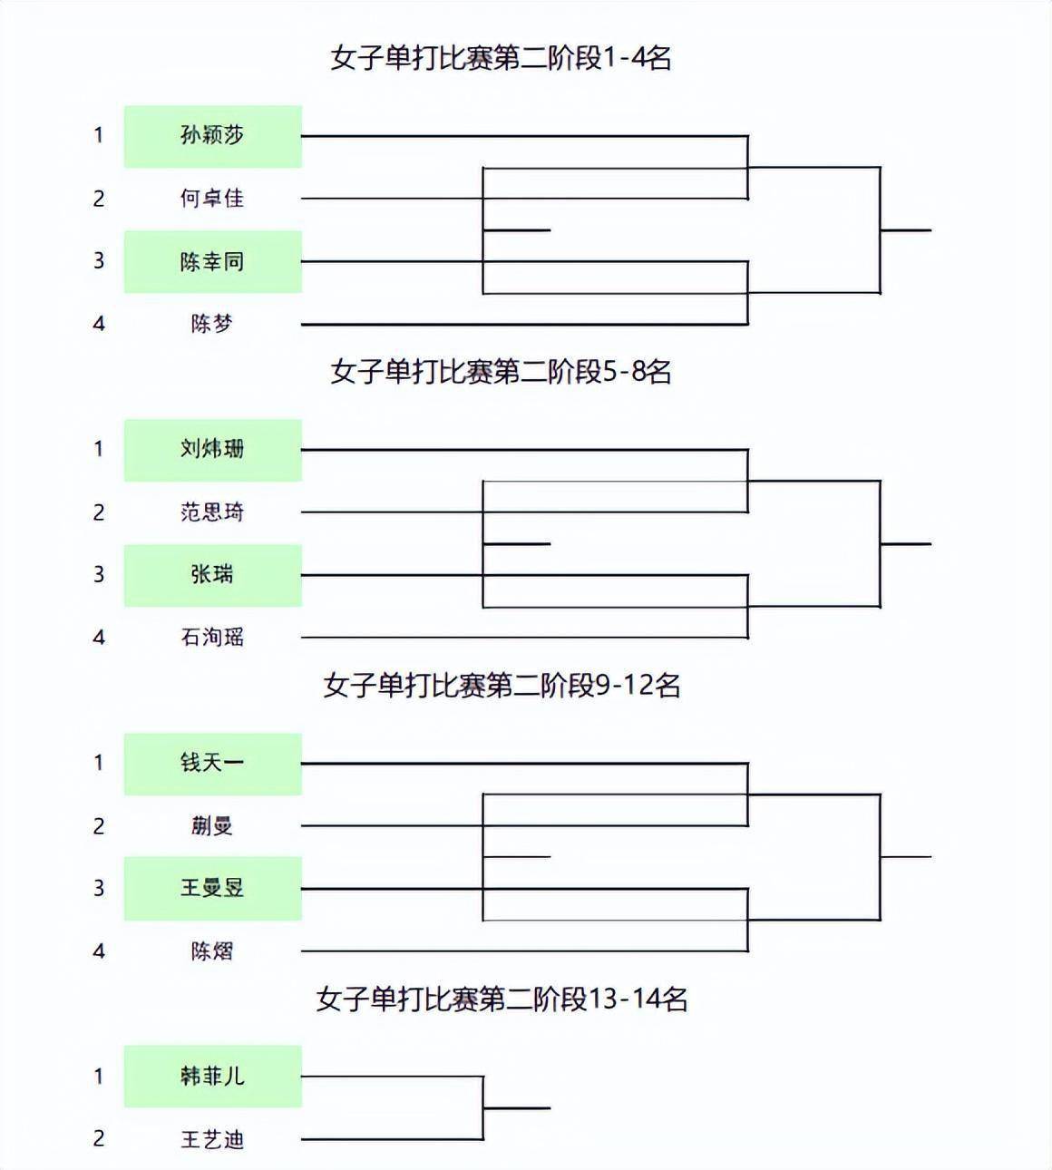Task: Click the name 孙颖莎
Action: [x=212, y=135]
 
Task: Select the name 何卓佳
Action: [x=212, y=199]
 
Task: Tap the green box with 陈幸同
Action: [x=213, y=261]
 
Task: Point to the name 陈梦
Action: [x=212, y=324]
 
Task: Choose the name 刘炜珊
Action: [x=212, y=449]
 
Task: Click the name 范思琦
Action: [x=212, y=512]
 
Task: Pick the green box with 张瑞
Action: [x=213, y=575]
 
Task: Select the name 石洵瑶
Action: [x=212, y=637]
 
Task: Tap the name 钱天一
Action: [x=212, y=762]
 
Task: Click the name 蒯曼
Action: [x=212, y=826]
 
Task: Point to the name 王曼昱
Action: [x=212, y=888]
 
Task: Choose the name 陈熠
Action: [x=212, y=951]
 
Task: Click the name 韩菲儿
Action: [x=212, y=1076]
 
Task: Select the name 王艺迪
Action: [x=212, y=1139]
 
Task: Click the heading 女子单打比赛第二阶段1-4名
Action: [x=501, y=58]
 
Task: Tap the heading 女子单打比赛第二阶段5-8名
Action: [x=501, y=372]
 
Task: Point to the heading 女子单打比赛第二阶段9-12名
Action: [x=502, y=686]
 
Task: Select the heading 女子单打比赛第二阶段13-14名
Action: [x=502, y=999]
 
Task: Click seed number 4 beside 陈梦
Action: [x=99, y=324]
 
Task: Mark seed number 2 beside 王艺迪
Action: [x=99, y=1138]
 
